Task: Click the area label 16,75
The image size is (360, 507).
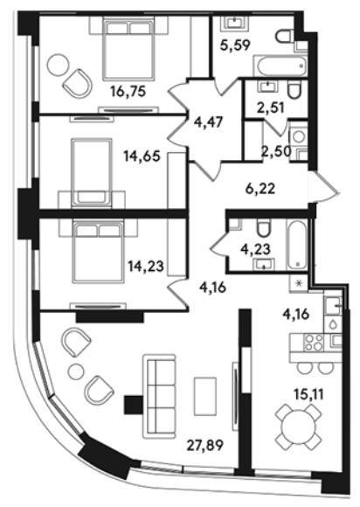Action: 128,92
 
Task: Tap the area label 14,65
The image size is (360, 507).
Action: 142,156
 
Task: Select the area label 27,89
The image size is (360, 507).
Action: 205,446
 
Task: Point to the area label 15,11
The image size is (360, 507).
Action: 308,394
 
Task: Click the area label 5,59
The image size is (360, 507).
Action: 235,45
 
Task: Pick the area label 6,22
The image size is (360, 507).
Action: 260,188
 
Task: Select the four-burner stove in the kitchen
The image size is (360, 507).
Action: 314,342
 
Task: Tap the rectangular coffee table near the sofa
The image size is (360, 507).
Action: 205,396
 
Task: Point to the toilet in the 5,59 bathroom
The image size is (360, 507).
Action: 285,35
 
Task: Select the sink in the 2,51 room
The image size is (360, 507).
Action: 267,87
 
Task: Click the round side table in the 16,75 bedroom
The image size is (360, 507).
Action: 58,65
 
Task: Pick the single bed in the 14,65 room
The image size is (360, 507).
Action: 92,172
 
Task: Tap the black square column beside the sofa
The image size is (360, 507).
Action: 133,405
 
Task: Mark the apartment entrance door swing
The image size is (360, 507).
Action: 323,188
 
